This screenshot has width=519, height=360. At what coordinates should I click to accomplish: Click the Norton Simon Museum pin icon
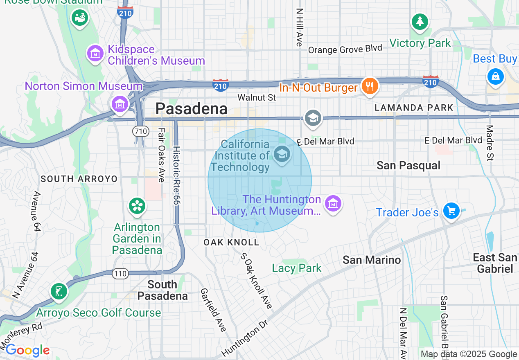(x=120, y=103)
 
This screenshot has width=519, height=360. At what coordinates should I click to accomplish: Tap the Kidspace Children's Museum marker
(x=95, y=53)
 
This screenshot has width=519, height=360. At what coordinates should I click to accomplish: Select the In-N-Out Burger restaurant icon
(x=370, y=86)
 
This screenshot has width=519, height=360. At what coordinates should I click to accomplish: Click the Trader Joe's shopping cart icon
(x=451, y=211)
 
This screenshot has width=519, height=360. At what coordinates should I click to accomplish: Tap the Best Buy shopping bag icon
(x=495, y=76)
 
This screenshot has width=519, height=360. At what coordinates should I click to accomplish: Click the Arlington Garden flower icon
(x=137, y=206)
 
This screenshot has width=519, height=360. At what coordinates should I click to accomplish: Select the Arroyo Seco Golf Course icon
(x=59, y=292)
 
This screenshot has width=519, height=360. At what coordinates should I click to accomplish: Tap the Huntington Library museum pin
(x=333, y=203)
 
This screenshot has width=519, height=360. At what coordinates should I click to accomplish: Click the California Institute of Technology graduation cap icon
(x=282, y=155)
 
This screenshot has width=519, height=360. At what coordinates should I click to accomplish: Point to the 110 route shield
(x=121, y=273)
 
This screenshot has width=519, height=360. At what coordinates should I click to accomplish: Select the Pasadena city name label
(x=191, y=108)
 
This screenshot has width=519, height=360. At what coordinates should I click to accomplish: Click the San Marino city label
(x=372, y=260)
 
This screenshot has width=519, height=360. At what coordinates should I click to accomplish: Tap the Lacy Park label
(x=297, y=268)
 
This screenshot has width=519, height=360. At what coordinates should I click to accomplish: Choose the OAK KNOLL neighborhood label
(x=231, y=242)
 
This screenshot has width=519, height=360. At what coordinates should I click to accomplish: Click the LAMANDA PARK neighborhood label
(x=414, y=108)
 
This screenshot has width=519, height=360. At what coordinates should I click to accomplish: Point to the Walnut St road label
(x=257, y=97)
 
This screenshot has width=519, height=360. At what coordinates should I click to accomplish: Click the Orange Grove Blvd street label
(x=345, y=49)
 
